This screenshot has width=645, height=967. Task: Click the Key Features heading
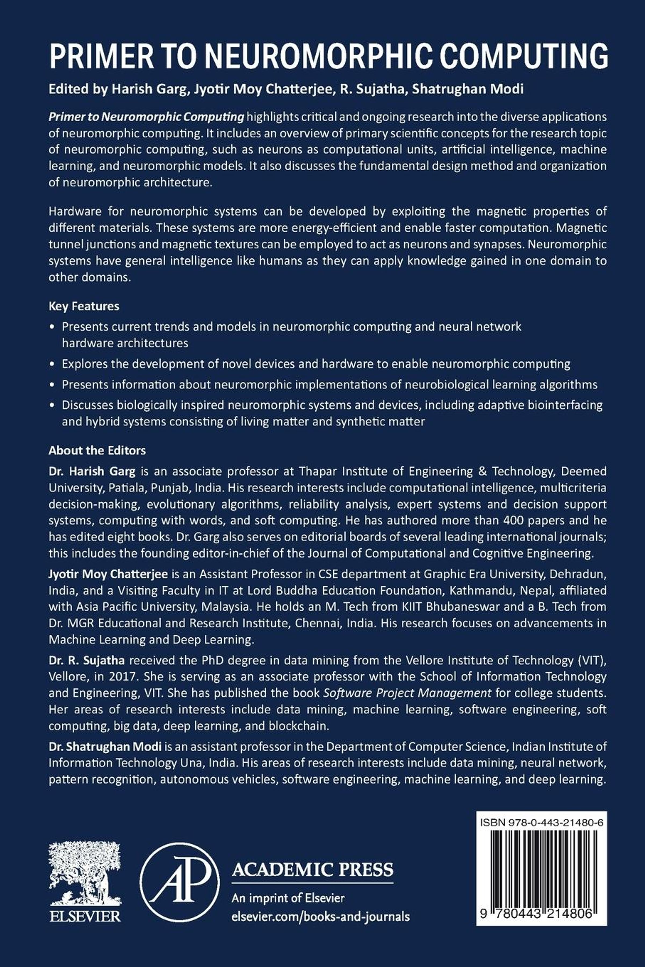(x=84, y=306)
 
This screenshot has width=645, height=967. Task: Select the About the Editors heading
(x=97, y=451)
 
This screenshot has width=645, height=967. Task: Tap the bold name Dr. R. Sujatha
(x=86, y=660)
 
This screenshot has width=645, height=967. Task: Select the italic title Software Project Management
(x=407, y=693)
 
